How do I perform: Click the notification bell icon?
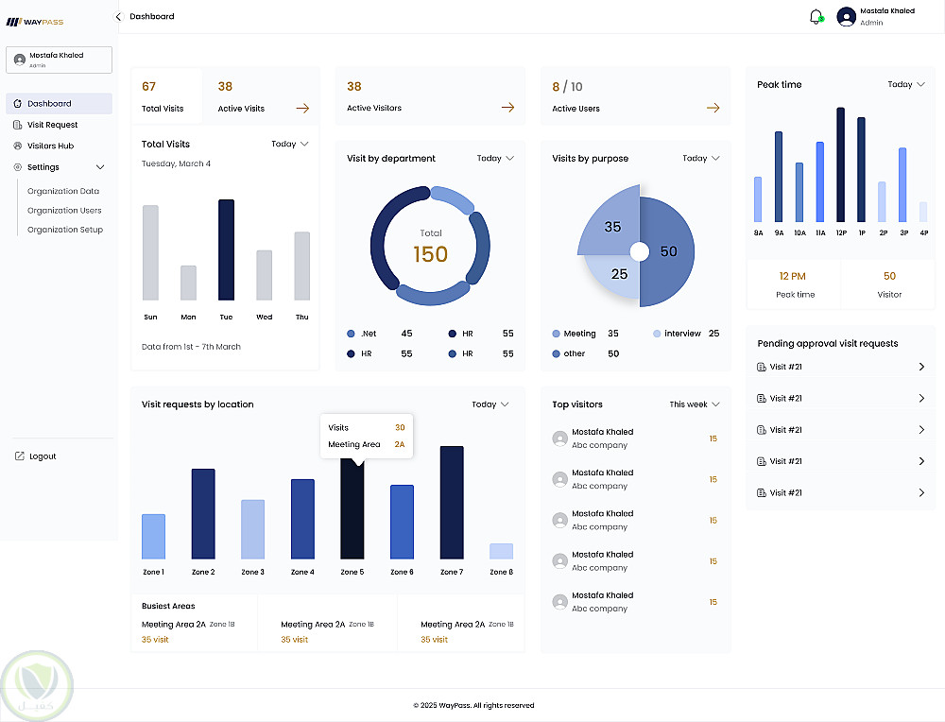click(x=816, y=17)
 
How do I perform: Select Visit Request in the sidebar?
click(x=52, y=125)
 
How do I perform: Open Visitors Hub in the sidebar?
click(x=50, y=146)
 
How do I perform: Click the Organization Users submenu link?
click(x=64, y=211)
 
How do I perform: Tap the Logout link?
click(x=42, y=456)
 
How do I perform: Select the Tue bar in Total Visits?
click(x=226, y=249)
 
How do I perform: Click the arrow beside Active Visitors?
click(x=507, y=108)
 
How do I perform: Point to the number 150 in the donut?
click(x=430, y=253)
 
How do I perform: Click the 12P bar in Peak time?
click(x=840, y=164)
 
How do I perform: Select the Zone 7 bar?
click(x=452, y=502)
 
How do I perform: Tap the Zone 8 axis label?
click(x=501, y=572)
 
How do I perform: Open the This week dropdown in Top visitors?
click(x=695, y=404)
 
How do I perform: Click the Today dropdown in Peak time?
click(x=905, y=84)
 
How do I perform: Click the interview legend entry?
click(x=682, y=334)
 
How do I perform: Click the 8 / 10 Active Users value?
click(x=567, y=86)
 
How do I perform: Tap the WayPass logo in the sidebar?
click(x=35, y=21)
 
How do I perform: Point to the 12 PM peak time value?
click(x=792, y=276)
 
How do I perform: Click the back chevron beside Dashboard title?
click(x=118, y=16)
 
